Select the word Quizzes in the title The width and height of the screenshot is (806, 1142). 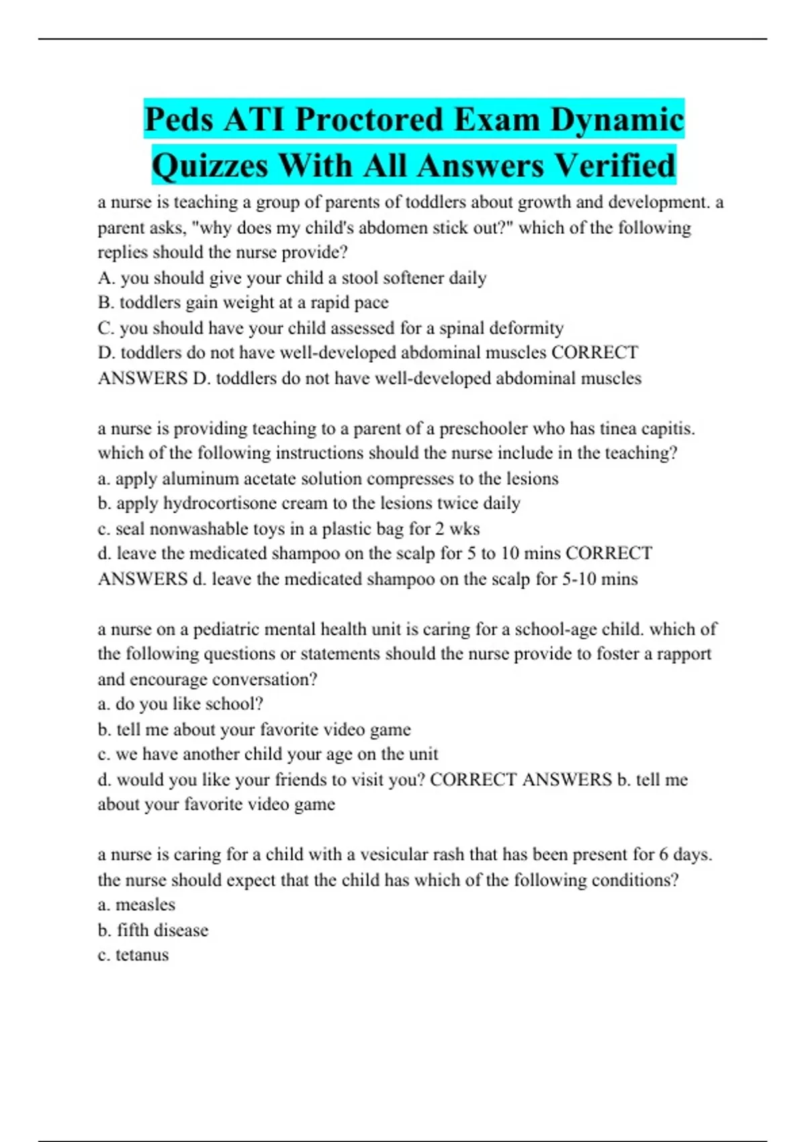pos(210,166)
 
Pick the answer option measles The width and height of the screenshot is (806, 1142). pos(145,905)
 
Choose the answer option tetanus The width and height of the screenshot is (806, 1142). pos(142,955)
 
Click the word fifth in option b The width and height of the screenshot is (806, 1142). pos(132,930)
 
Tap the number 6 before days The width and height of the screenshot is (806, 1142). pos(664,854)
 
